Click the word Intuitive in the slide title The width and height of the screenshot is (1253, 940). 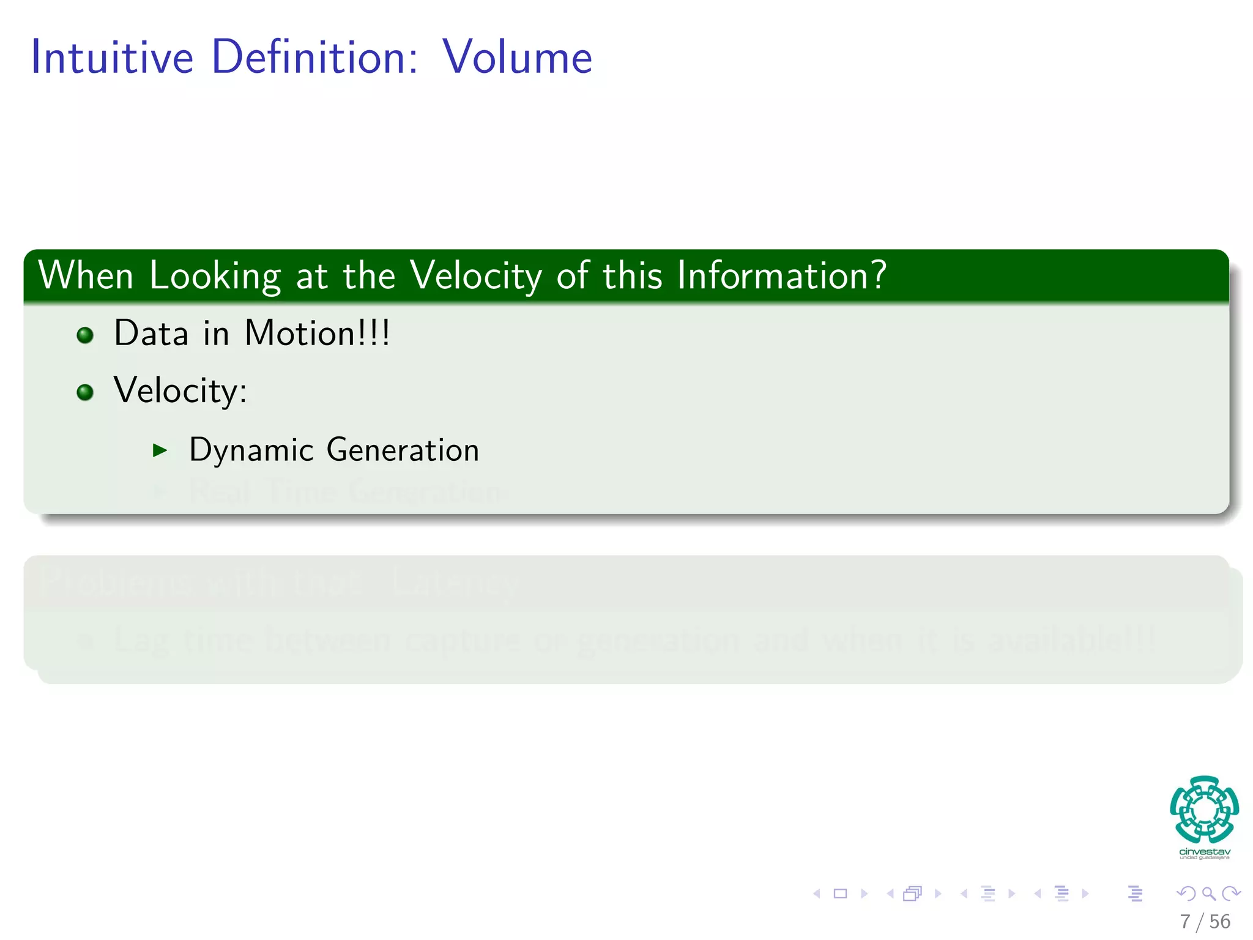pyautogui.click(x=112, y=57)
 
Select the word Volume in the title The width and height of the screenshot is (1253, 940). pyautogui.click(x=517, y=57)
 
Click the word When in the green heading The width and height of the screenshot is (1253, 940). pyautogui.click(x=86, y=275)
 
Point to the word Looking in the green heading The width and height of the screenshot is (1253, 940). pyautogui.click(x=215, y=277)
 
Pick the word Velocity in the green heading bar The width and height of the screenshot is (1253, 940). pyautogui.click(x=476, y=277)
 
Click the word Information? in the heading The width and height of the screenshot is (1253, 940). pyautogui.click(x=781, y=275)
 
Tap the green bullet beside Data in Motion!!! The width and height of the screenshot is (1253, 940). pyautogui.click(x=85, y=335)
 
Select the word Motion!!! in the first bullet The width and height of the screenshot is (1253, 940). pyautogui.click(x=317, y=334)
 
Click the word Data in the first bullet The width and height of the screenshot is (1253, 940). pyautogui.click(x=151, y=334)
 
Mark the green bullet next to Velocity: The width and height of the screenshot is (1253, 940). pyautogui.click(x=85, y=392)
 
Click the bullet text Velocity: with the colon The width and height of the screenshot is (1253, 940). pyautogui.click(x=180, y=391)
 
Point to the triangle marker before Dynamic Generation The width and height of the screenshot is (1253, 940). pyautogui.click(x=160, y=451)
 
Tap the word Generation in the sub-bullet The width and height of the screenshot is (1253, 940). pyautogui.click(x=403, y=450)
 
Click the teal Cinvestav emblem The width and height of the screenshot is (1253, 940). pyautogui.click(x=1204, y=809)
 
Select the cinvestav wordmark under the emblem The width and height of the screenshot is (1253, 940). pyautogui.click(x=1204, y=852)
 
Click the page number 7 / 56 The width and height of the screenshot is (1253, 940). pyautogui.click(x=1205, y=922)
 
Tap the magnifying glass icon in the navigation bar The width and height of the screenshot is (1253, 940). pyautogui.click(x=1208, y=893)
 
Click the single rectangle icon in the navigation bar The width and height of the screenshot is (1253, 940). pyautogui.click(x=841, y=893)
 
